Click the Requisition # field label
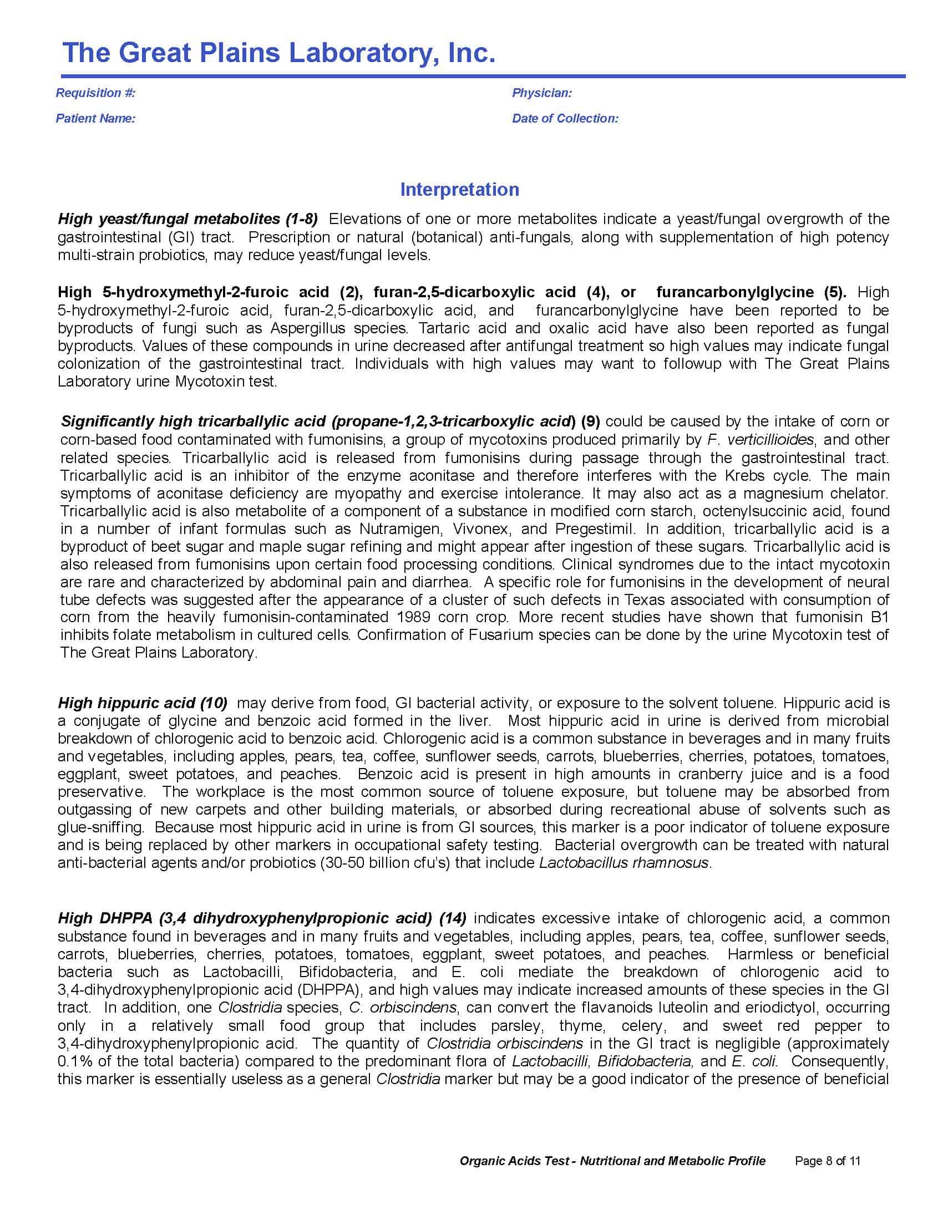[x=95, y=93]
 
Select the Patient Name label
[x=95, y=119]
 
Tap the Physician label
[x=541, y=93]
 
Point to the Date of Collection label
[x=565, y=119]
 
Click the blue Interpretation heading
[x=459, y=189]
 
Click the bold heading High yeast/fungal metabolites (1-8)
[x=187, y=218]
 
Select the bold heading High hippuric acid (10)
[x=143, y=703]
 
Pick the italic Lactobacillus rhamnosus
[x=624, y=863]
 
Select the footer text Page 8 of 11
[x=828, y=1161]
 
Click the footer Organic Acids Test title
[x=612, y=1161]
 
